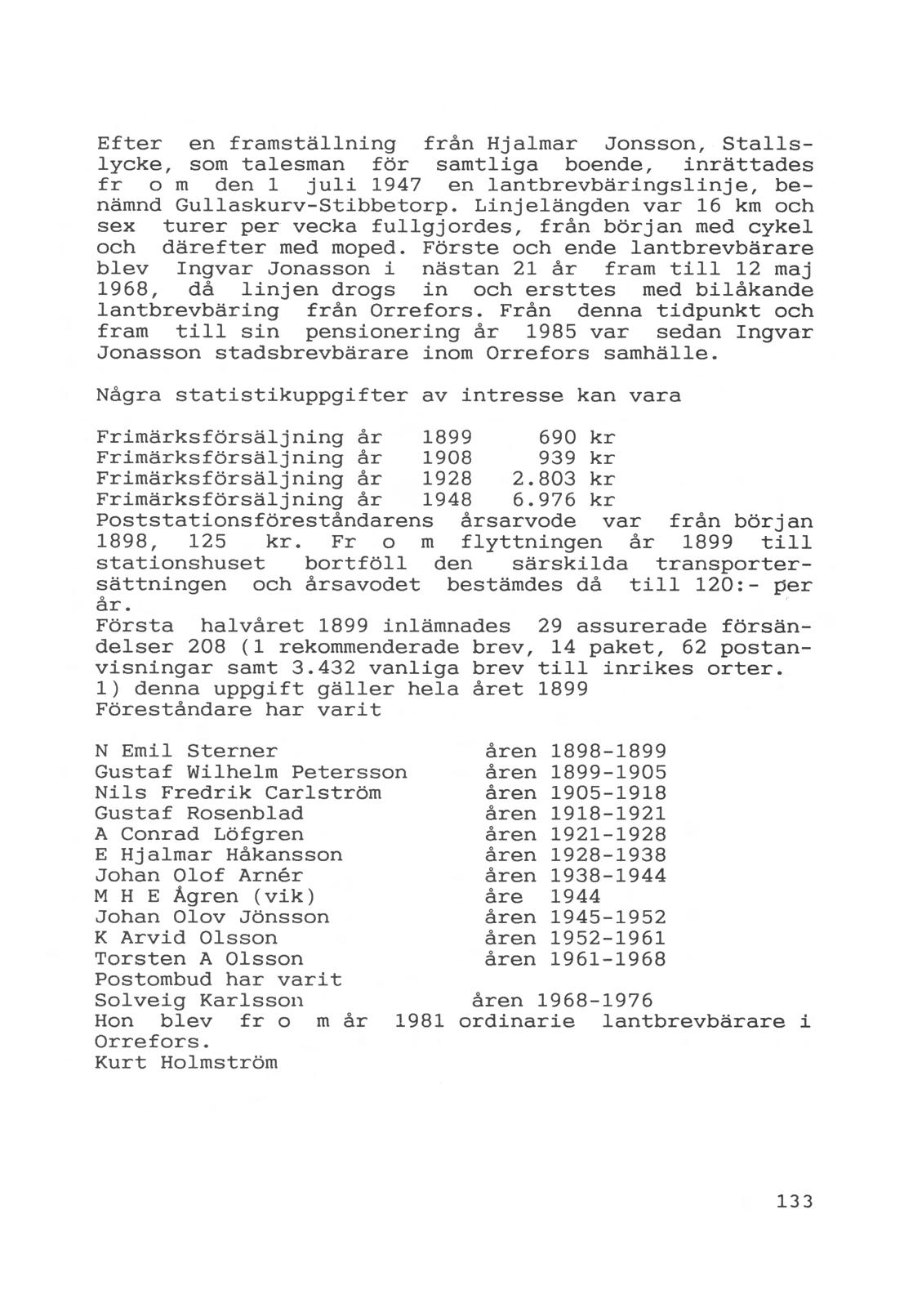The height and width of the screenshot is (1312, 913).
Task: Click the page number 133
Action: coord(795,1201)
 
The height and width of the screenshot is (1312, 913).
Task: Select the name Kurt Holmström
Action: coord(186,1063)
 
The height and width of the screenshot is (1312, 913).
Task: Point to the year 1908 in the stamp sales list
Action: coord(447,458)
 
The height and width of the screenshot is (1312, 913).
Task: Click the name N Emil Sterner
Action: coord(186,752)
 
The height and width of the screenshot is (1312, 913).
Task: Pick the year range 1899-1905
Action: coord(608,773)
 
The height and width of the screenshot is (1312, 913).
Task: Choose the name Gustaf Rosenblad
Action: coord(199,814)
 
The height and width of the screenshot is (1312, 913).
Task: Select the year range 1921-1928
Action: coord(608,835)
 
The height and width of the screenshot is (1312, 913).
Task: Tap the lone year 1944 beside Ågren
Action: coord(576,897)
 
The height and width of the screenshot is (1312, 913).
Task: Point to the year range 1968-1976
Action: coord(595,1001)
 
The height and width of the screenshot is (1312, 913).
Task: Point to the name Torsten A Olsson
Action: coord(199,959)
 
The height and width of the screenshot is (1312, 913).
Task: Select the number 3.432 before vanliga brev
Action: coord(327,669)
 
